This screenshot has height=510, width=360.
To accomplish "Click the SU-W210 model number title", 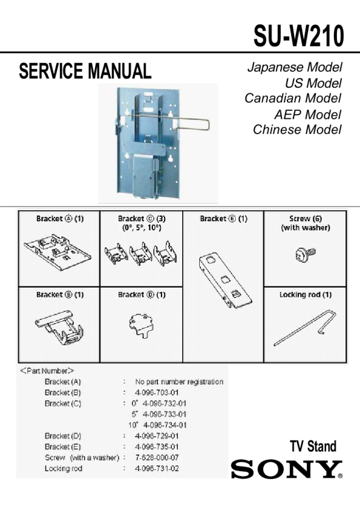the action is [298, 36].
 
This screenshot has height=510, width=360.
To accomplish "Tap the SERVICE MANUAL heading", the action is [85, 71].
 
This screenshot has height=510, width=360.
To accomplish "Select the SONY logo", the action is [287, 469].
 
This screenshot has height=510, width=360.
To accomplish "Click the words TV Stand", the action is [313, 446].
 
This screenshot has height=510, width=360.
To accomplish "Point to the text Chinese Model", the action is [297, 129].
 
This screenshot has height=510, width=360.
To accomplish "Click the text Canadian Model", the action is [292, 98].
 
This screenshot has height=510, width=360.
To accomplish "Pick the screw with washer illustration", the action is [305, 254].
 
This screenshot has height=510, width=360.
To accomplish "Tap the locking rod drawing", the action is [305, 328].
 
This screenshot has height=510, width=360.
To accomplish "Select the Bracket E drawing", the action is [225, 280].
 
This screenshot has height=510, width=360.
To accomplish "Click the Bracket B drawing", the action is [59, 329].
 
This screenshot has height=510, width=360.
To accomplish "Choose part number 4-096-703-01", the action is [157, 392].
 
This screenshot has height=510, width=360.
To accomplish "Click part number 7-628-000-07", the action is [157, 458].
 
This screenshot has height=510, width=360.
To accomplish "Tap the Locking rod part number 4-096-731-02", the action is [157, 469].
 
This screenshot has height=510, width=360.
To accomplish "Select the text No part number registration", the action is [179, 381].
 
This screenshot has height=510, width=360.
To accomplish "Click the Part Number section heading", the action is [47, 371].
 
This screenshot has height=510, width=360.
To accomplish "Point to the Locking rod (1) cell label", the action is [305, 295].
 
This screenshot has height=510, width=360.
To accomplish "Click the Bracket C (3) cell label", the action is [142, 219].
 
